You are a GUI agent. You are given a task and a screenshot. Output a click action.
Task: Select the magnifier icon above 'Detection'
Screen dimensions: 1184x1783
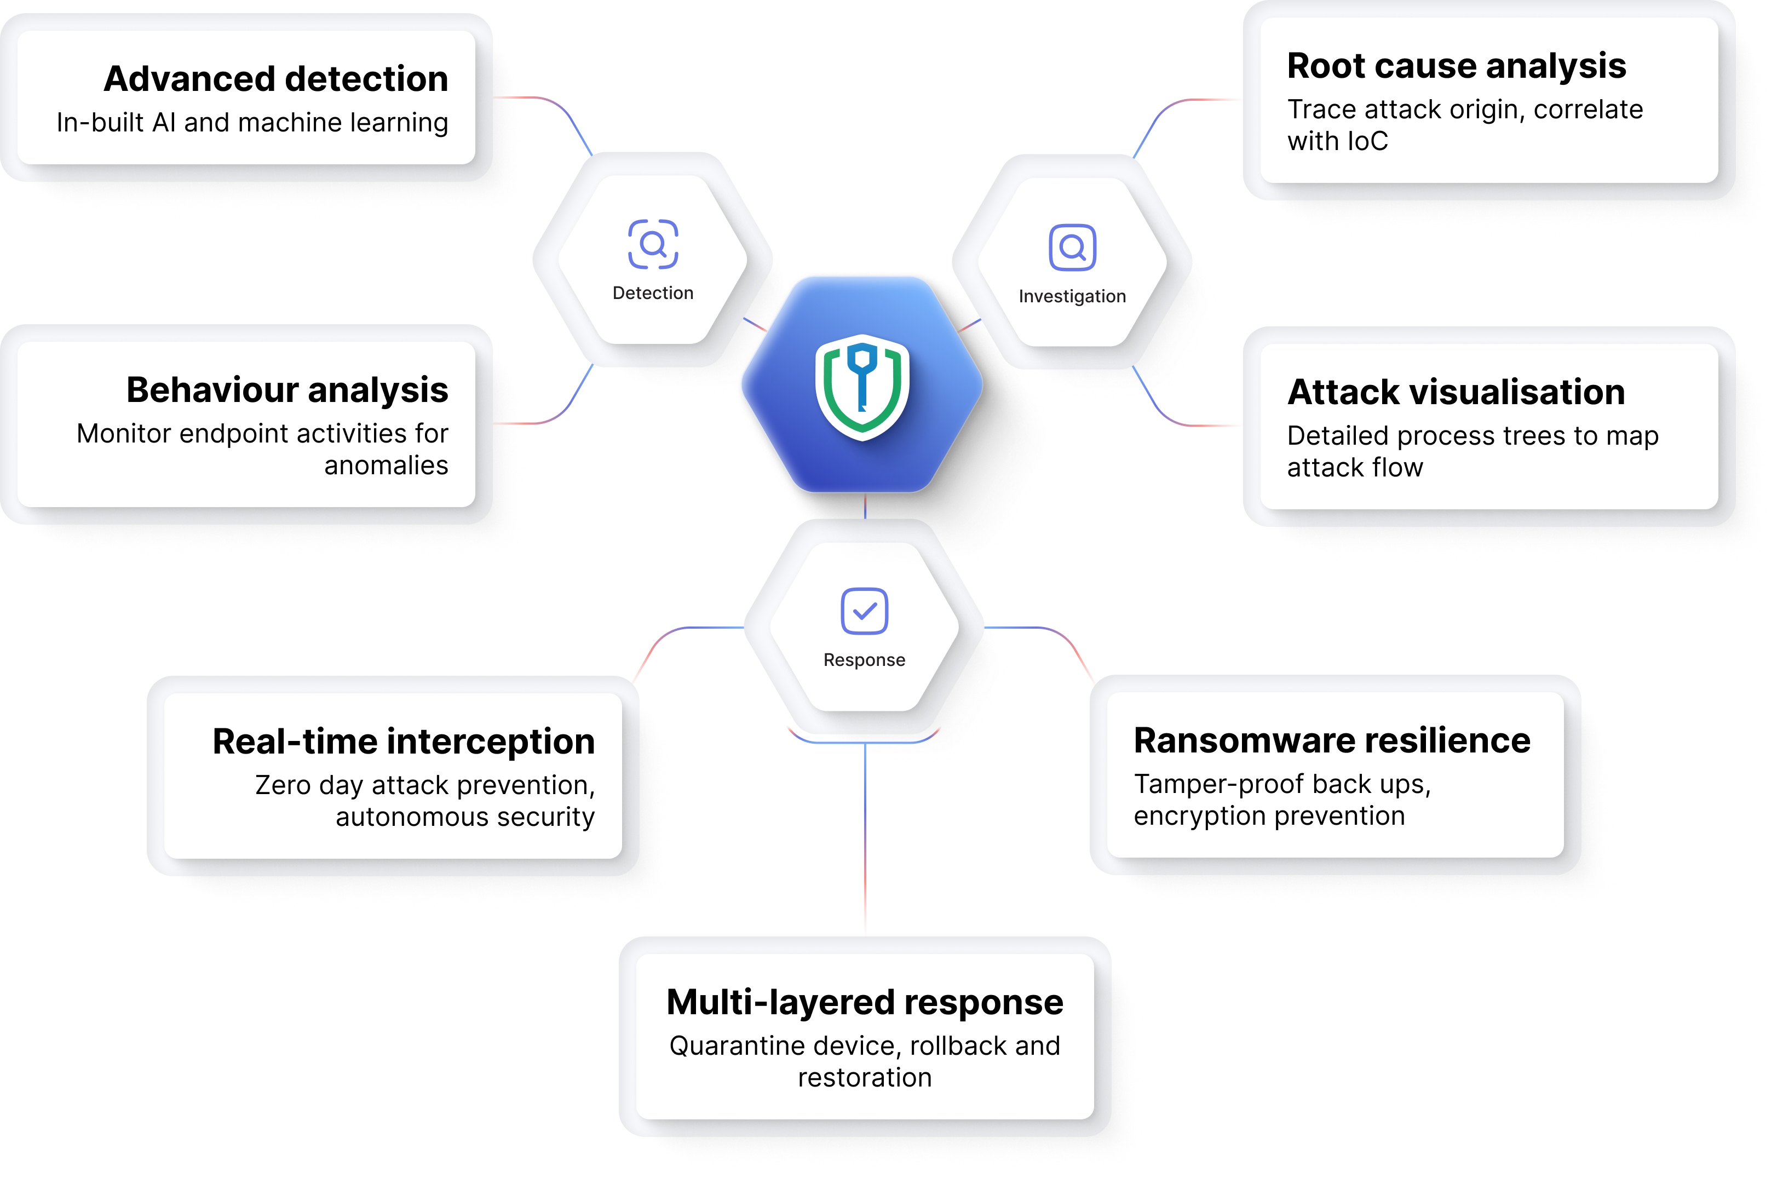[x=653, y=244]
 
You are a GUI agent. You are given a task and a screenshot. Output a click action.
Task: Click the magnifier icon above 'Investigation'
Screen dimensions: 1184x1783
[x=1072, y=247]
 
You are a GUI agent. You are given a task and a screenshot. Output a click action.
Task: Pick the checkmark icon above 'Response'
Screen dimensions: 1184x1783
[x=864, y=611]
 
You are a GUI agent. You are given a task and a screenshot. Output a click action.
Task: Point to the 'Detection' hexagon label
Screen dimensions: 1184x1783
[x=653, y=293]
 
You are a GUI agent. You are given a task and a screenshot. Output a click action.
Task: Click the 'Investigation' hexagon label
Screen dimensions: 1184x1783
[x=1072, y=296]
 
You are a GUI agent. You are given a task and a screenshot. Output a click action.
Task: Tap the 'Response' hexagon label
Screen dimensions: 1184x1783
[x=864, y=660]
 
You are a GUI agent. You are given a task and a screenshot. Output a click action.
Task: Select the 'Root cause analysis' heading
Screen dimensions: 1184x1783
[x=1456, y=66]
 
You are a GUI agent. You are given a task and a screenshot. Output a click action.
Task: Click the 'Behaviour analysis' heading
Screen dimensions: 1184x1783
[x=287, y=390]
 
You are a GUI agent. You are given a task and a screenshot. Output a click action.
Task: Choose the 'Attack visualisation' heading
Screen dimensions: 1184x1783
[x=1456, y=393]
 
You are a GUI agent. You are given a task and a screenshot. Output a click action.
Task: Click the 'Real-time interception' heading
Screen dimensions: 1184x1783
[x=404, y=742]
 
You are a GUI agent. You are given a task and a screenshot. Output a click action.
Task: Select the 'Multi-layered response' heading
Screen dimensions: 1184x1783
[x=864, y=1003]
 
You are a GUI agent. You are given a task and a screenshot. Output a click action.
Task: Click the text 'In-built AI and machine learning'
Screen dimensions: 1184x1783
[x=252, y=122]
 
